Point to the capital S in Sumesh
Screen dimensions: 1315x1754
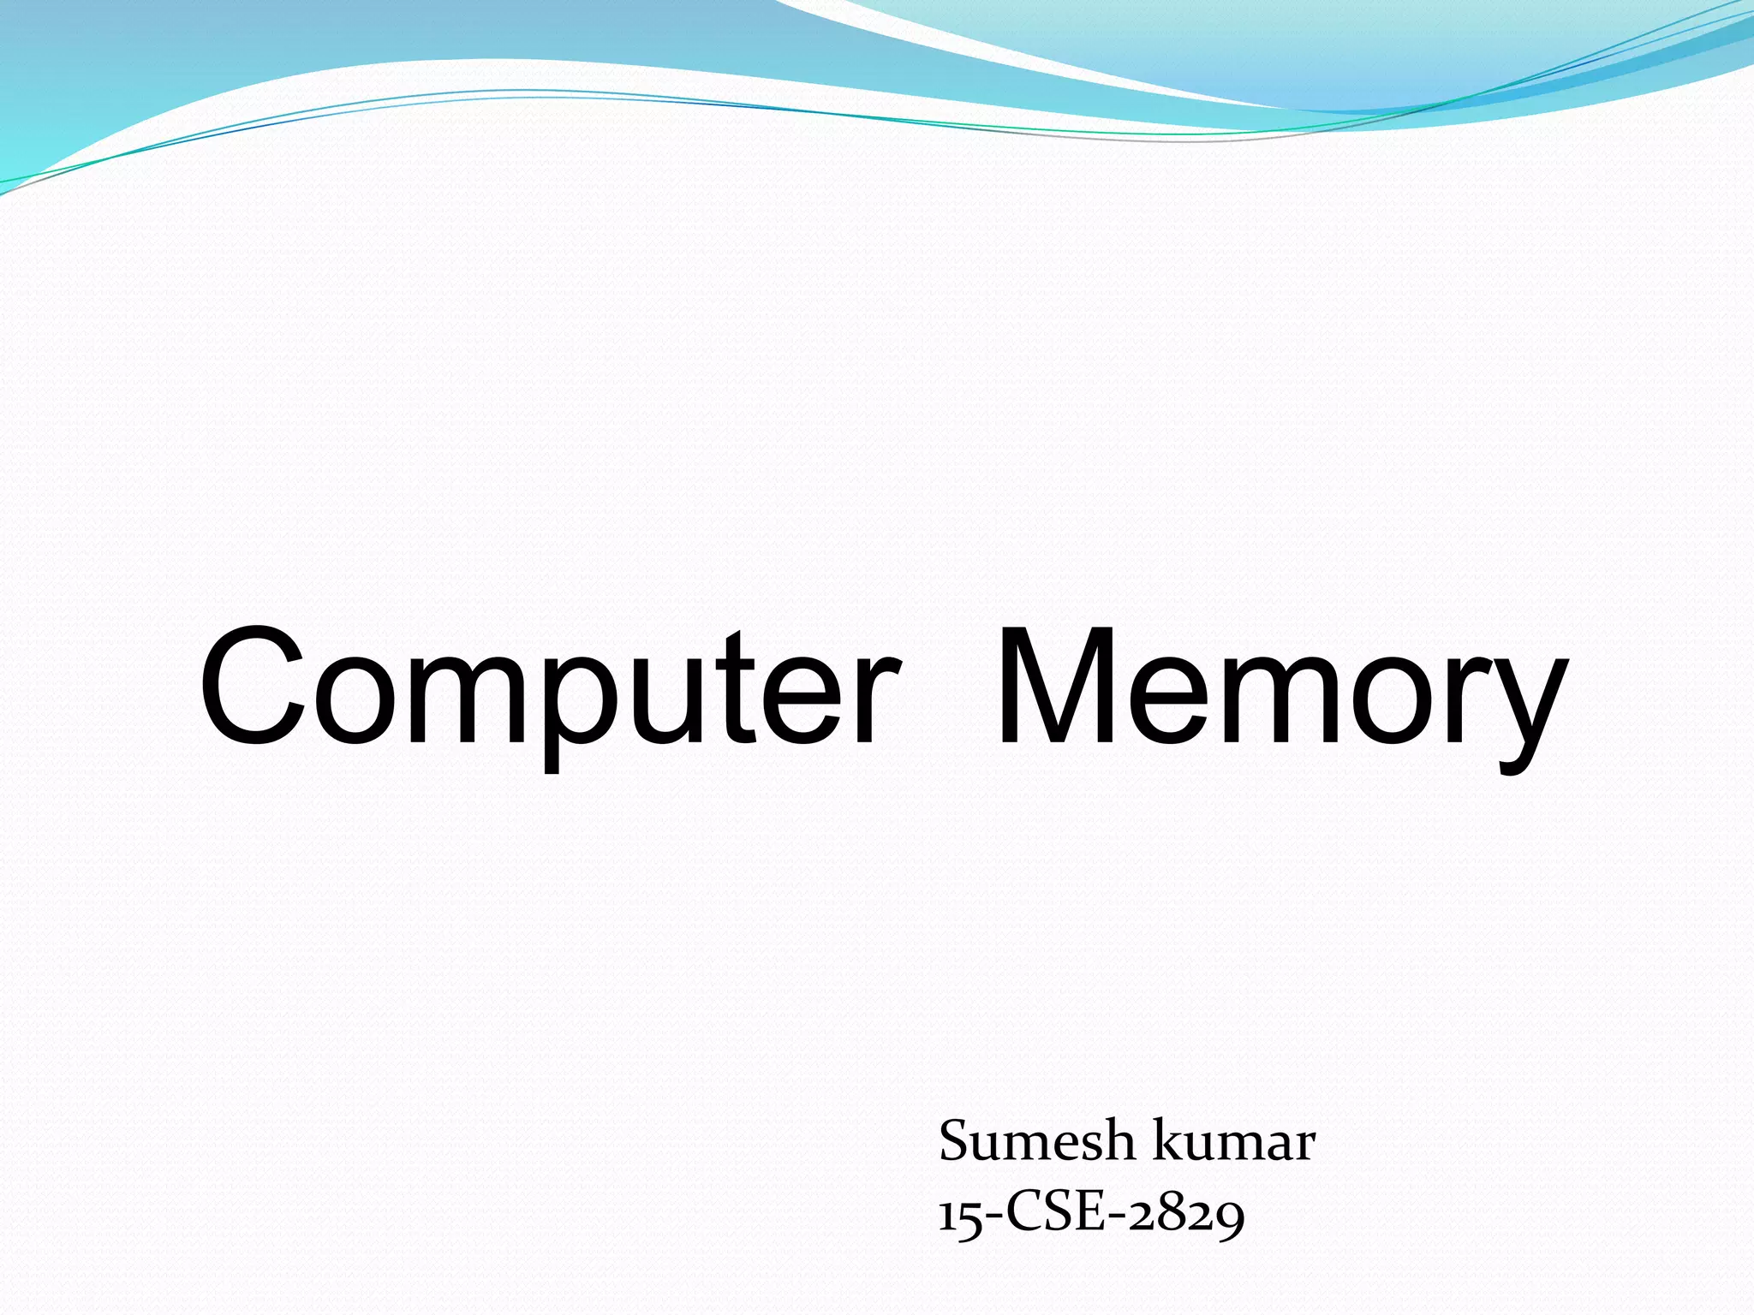coord(955,1142)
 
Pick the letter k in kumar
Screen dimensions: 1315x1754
coord(1169,1142)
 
